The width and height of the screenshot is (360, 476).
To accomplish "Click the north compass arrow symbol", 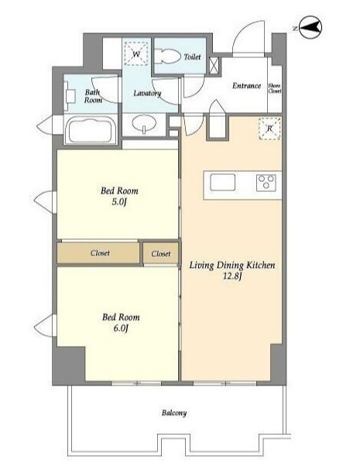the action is click(x=310, y=28).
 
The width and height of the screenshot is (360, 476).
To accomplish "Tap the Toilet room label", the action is click(x=193, y=57).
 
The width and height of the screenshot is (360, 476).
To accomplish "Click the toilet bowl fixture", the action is click(x=167, y=57).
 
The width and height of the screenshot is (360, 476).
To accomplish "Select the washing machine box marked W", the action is click(x=136, y=53).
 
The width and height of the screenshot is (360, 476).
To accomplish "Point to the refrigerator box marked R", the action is click(x=269, y=128).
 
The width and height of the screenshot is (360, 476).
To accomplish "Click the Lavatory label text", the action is click(x=147, y=93).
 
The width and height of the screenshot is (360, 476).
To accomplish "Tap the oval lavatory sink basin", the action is click(x=144, y=122).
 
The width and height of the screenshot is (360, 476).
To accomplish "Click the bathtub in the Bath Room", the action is click(x=90, y=129).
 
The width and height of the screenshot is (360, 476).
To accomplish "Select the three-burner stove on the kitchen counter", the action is click(x=266, y=183).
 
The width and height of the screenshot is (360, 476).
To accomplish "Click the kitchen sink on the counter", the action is click(x=222, y=182).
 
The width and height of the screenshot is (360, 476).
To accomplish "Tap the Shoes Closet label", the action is click(x=274, y=88).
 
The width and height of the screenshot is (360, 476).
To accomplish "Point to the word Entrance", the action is click(x=246, y=86).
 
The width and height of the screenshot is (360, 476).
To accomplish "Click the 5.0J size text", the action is click(x=118, y=201).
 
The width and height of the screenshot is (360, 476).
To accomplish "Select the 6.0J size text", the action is click(x=121, y=328).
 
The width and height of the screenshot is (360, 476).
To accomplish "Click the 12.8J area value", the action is click(x=232, y=276).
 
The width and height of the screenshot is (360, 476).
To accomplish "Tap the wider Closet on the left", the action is click(x=98, y=253).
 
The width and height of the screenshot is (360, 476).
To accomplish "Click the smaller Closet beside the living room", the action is click(x=161, y=254).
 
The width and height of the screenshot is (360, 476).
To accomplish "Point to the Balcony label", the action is click(x=174, y=413).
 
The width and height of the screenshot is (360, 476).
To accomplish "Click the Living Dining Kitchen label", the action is click(x=232, y=265).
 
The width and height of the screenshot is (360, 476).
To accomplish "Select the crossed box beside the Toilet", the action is click(x=214, y=65).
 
